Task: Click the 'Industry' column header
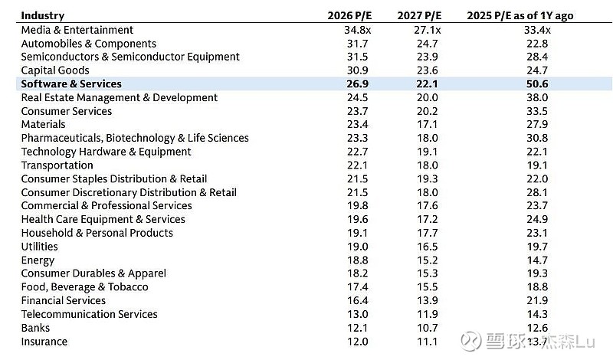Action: click(43, 15)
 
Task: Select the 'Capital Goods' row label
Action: click(55, 70)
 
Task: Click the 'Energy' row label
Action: click(38, 260)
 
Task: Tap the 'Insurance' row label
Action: click(44, 342)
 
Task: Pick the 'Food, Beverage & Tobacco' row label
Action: click(85, 287)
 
